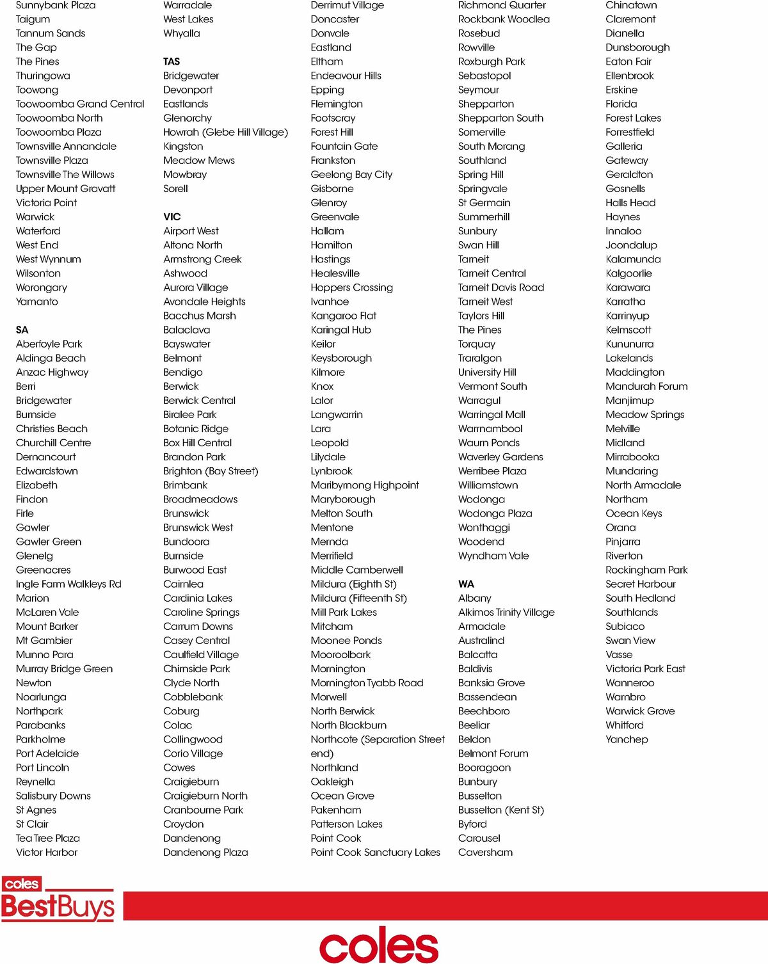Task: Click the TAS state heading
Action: (x=172, y=61)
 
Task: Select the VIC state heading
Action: (x=172, y=216)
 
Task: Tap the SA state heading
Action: (x=22, y=330)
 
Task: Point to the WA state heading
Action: (x=466, y=584)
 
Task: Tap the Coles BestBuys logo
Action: (x=58, y=899)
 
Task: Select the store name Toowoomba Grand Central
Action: (x=80, y=104)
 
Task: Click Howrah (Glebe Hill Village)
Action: (x=225, y=132)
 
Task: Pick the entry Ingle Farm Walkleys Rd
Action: (x=68, y=584)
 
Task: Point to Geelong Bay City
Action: (x=351, y=174)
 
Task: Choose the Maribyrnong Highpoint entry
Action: (x=365, y=485)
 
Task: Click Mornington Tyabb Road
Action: (x=367, y=682)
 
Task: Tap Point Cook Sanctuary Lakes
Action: (x=375, y=852)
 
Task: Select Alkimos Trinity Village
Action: (x=506, y=612)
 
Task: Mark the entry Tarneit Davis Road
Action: (x=501, y=287)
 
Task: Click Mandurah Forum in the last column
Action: (x=646, y=386)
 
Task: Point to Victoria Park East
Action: (x=645, y=668)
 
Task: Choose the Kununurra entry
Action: (x=629, y=344)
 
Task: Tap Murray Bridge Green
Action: (x=64, y=668)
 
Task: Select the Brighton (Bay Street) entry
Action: (x=211, y=471)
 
